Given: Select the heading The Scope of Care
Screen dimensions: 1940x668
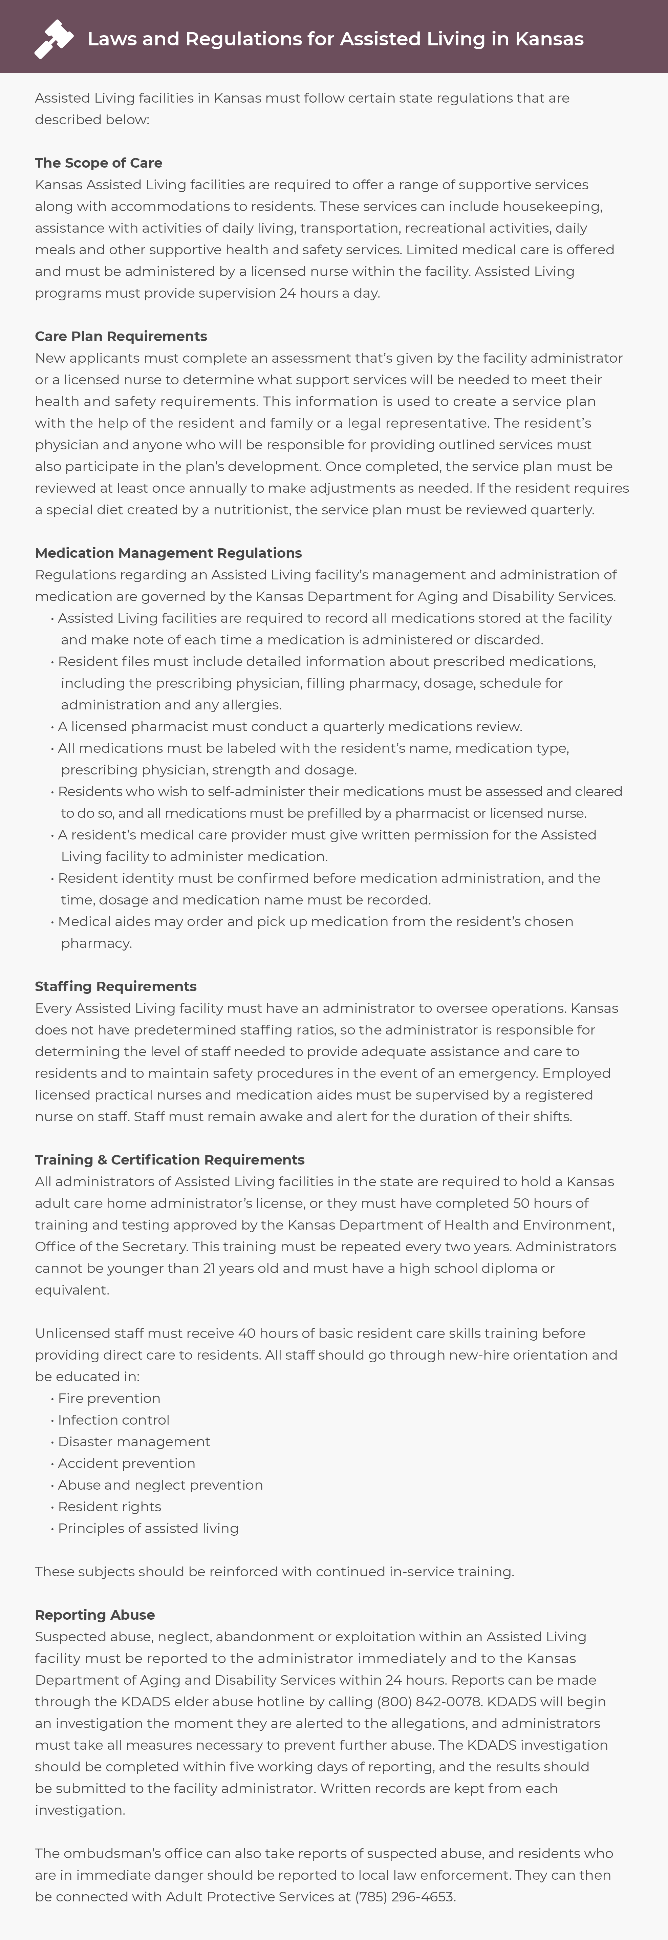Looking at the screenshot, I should pos(99,163).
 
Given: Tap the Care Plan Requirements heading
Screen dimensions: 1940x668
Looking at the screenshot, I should pos(121,336).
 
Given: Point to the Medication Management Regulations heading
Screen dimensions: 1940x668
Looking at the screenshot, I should pos(168,553).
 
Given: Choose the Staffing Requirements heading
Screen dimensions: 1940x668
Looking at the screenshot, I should pos(115,986).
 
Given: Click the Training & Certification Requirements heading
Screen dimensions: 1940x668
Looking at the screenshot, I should pos(169,1159).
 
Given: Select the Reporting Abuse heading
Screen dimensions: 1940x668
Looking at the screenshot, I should pos(95,1615).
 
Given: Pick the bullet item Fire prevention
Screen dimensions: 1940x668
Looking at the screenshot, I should pos(109,1398).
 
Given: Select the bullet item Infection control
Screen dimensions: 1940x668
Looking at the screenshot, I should pos(114,1420).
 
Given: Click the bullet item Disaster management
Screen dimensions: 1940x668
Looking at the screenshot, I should pos(134,1442).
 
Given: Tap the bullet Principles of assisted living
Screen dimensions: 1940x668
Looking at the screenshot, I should pos(148,1528).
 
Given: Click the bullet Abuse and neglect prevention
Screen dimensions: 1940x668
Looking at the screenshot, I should pos(160,1484).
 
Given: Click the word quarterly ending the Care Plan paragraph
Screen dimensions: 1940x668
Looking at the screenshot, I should pos(562,510).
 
